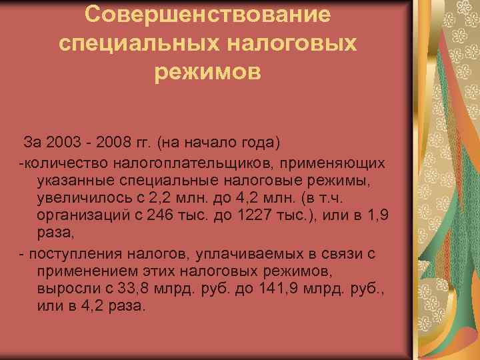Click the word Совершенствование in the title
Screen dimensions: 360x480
pyautogui.click(x=207, y=14)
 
